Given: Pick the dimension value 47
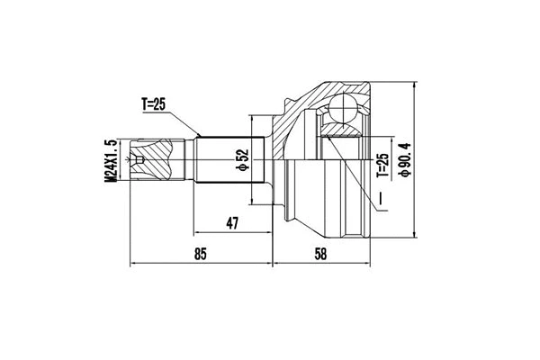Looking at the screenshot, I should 231,222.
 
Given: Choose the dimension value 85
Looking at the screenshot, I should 200,255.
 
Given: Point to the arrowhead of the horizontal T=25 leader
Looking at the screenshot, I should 196,136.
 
